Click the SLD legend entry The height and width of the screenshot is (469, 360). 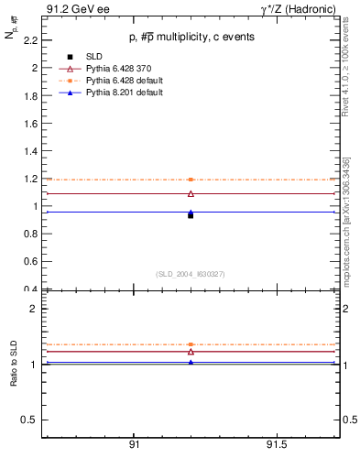(x=91, y=57)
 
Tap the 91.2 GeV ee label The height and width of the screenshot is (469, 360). (x=72, y=8)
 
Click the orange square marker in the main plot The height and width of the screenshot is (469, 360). (x=191, y=180)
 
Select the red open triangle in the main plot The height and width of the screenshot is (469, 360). (x=191, y=193)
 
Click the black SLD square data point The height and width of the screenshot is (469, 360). (x=191, y=215)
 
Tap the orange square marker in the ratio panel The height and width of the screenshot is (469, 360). (x=191, y=344)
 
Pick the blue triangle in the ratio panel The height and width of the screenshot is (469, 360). (x=191, y=362)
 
